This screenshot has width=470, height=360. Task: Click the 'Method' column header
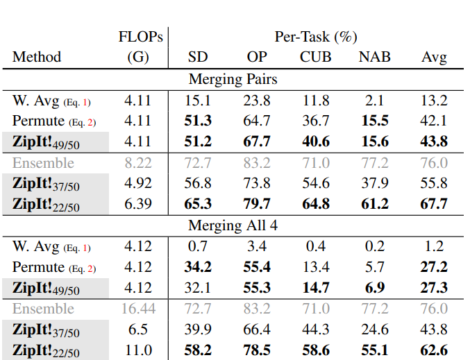coord(37,57)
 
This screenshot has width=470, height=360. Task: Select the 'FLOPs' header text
coord(140,37)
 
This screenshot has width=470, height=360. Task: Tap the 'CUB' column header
coord(315,57)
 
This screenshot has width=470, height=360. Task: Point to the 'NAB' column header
coord(374,57)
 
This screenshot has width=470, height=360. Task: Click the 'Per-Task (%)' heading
coord(316,37)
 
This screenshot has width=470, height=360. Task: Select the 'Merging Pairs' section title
coord(233,79)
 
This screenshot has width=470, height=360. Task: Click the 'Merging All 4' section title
coord(233,225)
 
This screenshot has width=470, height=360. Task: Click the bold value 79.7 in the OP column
coord(257,204)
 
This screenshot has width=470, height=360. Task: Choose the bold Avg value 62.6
coord(434,350)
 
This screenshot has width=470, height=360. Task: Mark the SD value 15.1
coord(198,101)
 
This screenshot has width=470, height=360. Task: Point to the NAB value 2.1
coord(375,101)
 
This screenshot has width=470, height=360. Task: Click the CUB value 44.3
coord(315,329)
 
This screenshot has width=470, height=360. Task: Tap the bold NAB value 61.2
coord(375,204)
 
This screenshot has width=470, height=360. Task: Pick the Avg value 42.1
coord(434,121)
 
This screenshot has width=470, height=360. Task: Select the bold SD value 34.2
coord(198,267)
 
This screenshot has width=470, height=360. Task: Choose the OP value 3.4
coord(257,246)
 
